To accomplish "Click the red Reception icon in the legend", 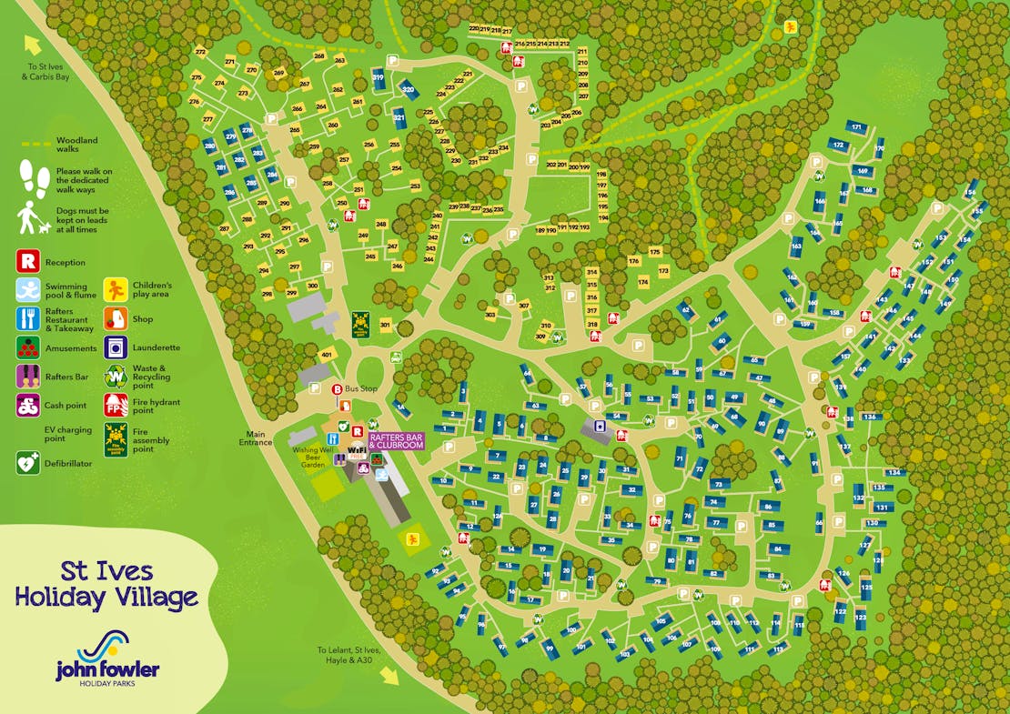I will pyautogui.click(x=28, y=263).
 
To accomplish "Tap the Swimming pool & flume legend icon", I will pyautogui.click(x=28, y=290).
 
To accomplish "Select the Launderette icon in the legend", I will pyautogui.click(x=116, y=347).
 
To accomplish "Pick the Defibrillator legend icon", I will pyautogui.click(x=28, y=463).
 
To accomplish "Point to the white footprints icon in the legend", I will pyautogui.click(x=35, y=178).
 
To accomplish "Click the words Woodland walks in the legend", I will pyautogui.click(x=76, y=145).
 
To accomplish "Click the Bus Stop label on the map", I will pyautogui.click(x=360, y=389).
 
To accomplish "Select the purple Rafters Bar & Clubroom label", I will pyautogui.click(x=397, y=441).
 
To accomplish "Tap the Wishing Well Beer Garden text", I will pyautogui.click(x=312, y=457).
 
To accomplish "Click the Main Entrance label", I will pyautogui.click(x=255, y=437).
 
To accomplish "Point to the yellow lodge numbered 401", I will pyautogui.click(x=327, y=355).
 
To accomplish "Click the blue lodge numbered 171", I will pyautogui.click(x=856, y=126).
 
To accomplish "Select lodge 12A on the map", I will pyautogui.click(x=497, y=516).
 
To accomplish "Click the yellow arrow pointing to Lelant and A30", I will pyautogui.click(x=389, y=674).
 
